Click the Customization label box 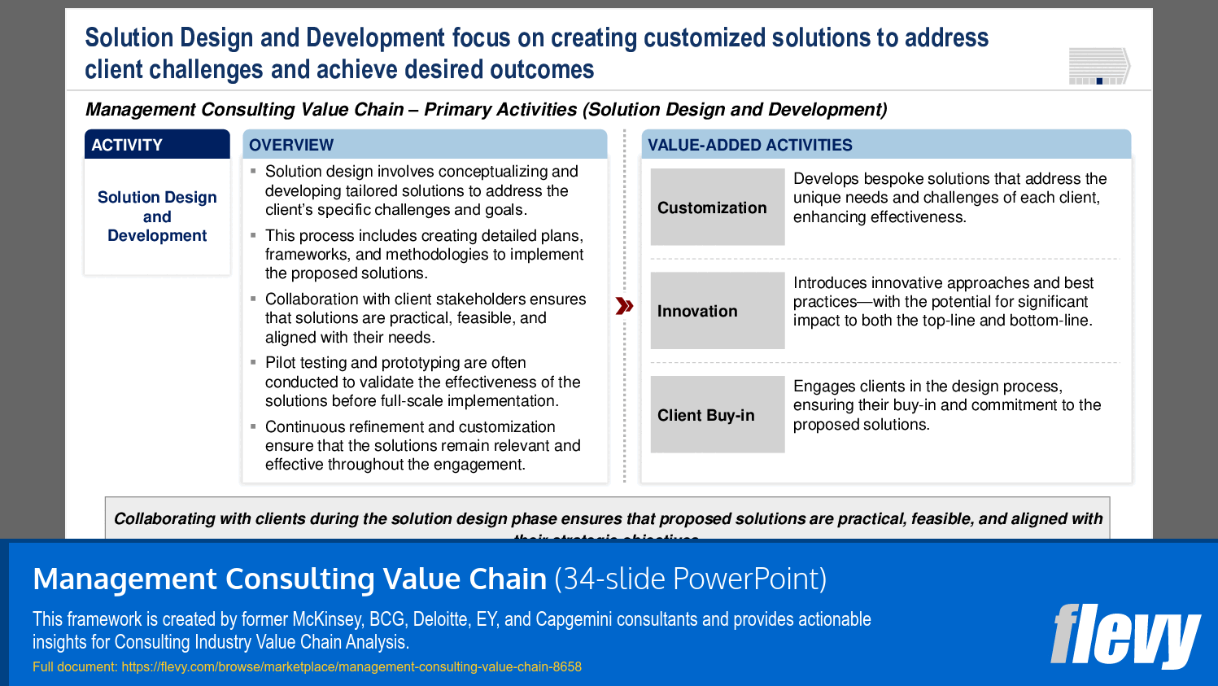[717, 208]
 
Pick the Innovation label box [717, 311]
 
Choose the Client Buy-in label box [717, 415]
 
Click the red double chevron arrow [624, 306]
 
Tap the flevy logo [1124, 636]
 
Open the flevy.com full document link [351, 666]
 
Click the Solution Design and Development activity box [157, 216]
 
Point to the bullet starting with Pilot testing [423, 382]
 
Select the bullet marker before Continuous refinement [254, 426]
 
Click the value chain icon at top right [1099, 66]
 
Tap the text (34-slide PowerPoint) [690, 579]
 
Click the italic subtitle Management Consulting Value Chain [244, 109]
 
